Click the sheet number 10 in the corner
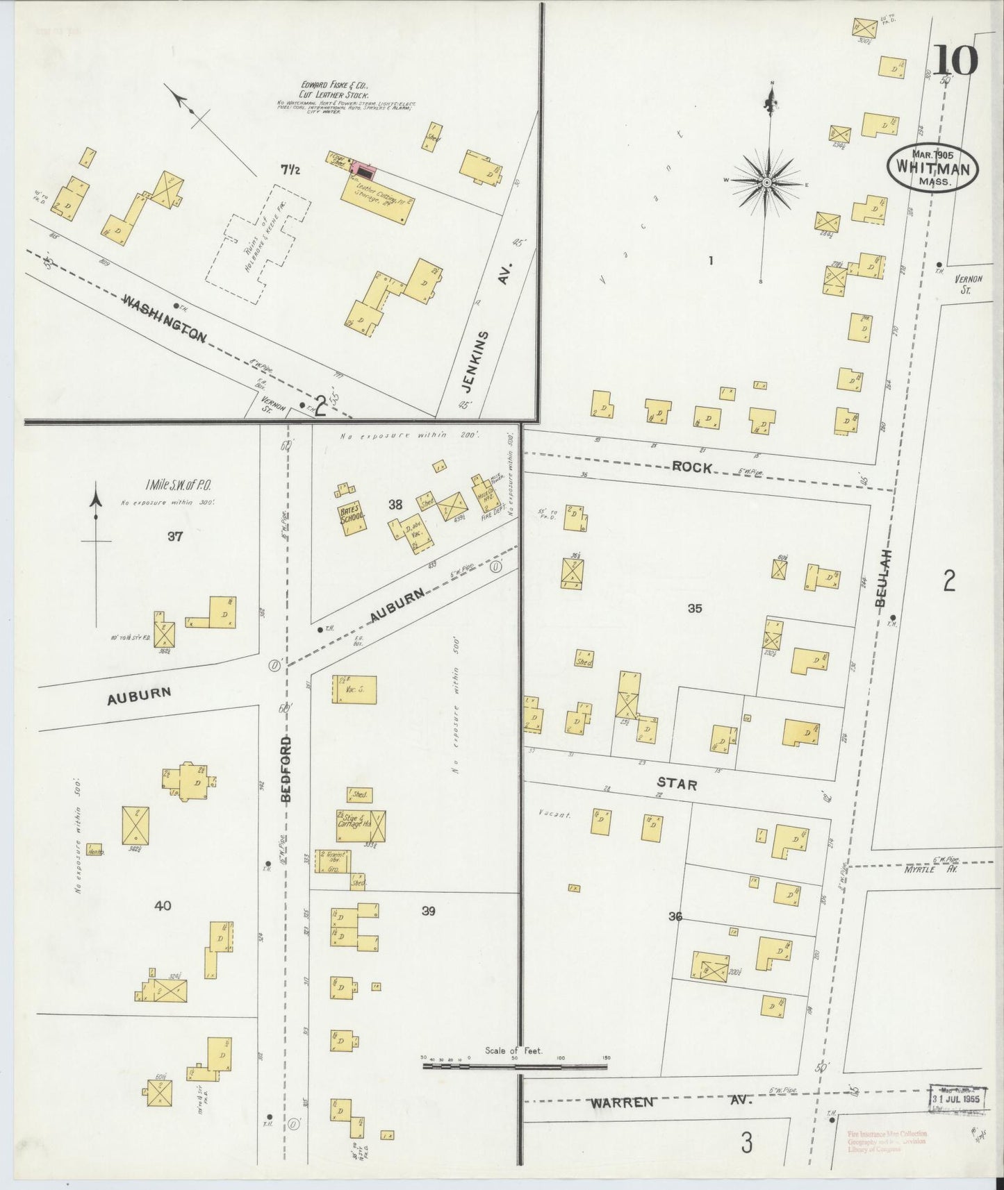tap(955, 60)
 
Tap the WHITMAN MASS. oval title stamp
tap(932, 168)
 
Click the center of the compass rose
tap(766, 183)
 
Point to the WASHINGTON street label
tap(165, 318)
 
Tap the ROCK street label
tap(692, 468)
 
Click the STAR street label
tap(677, 785)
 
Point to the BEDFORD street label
tap(287, 769)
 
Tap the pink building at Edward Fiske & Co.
tap(363, 167)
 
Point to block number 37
tap(175, 535)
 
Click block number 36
tap(675, 916)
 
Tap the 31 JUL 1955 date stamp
tap(960, 1100)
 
